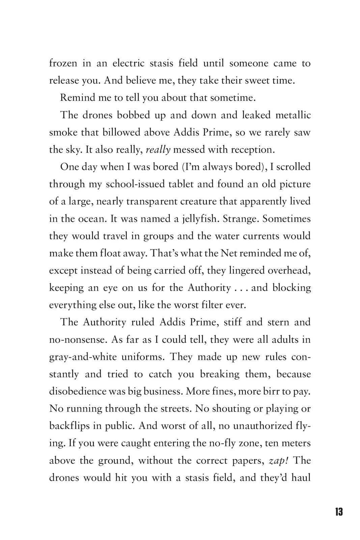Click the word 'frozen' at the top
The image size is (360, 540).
coord(63,63)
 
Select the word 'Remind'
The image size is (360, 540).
coord(77,98)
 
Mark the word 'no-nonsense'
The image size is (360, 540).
coord(78,339)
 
